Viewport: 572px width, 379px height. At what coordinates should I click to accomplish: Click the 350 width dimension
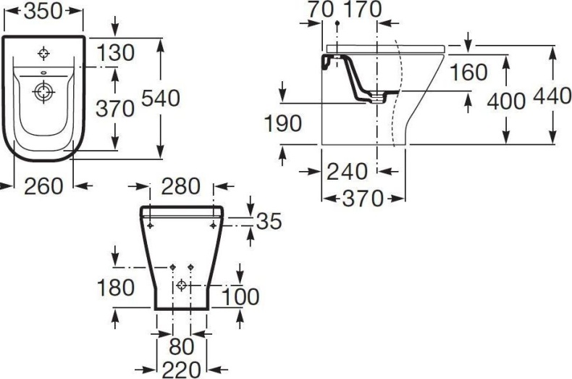point(43,11)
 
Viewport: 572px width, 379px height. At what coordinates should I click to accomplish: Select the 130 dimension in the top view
point(116,52)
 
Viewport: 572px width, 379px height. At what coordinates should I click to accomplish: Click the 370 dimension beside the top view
point(116,108)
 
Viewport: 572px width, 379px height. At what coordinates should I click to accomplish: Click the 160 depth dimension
point(467,72)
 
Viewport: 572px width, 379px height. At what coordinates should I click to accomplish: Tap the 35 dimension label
point(269,221)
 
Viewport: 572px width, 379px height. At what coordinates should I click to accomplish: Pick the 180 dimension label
point(116,287)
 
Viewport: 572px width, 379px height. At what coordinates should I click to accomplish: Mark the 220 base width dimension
point(180,370)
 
